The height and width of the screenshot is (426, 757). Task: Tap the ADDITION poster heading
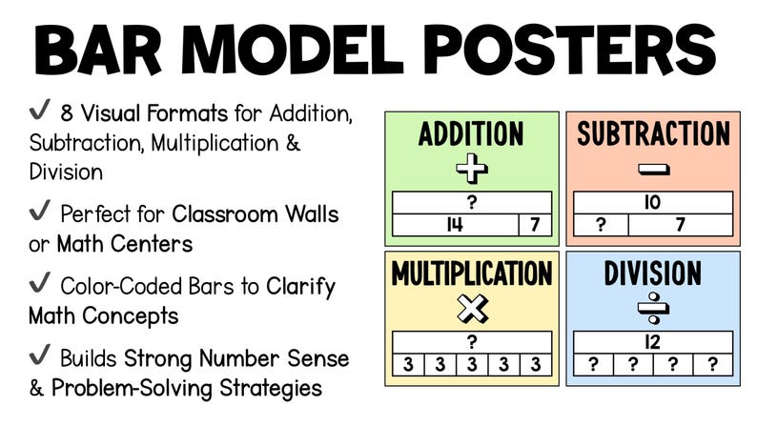point(471,134)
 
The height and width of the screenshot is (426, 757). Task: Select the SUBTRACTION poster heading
point(652,134)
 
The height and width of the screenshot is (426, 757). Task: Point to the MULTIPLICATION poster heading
point(471,274)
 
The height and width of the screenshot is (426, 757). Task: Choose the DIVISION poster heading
point(652,274)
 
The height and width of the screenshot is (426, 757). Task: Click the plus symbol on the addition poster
point(471,170)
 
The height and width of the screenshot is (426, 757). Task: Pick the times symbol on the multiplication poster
point(471,309)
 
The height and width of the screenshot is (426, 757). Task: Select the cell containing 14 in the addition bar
point(455,226)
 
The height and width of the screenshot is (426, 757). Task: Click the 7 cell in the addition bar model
point(534,226)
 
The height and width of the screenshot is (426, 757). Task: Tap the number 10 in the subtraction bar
point(652,203)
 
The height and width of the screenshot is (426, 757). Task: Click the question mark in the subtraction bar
point(601,226)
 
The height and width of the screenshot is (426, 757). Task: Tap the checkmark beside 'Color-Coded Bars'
point(39,285)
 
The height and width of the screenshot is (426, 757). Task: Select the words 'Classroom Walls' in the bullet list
point(256,214)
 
